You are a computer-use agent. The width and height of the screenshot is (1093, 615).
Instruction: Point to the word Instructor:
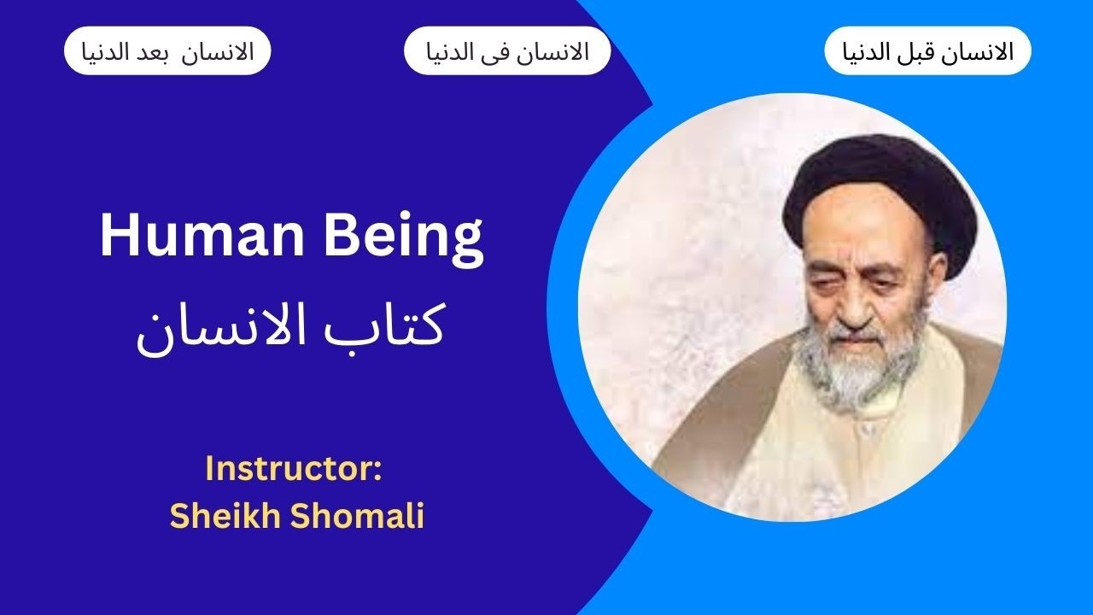[x=293, y=470]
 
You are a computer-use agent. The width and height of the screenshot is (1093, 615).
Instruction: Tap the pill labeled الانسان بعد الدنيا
[x=167, y=51]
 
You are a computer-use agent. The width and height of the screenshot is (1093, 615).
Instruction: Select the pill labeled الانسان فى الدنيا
[x=507, y=51]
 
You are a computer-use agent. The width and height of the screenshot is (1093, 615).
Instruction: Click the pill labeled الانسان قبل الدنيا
[x=927, y=51]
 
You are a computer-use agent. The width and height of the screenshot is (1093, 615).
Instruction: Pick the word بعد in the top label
[x=194, y=51]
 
